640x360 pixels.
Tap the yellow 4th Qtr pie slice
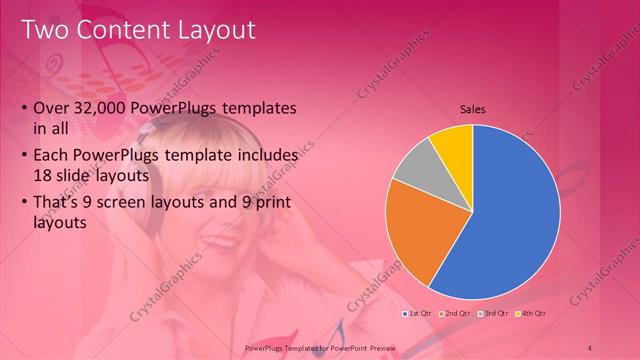[453, 145]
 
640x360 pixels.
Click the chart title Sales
[473, 110]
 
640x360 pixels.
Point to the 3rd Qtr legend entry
[494, 313]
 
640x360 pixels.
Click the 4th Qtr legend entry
[531, 313]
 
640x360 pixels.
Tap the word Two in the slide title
[45, 30]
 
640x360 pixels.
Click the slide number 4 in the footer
[590, 347]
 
